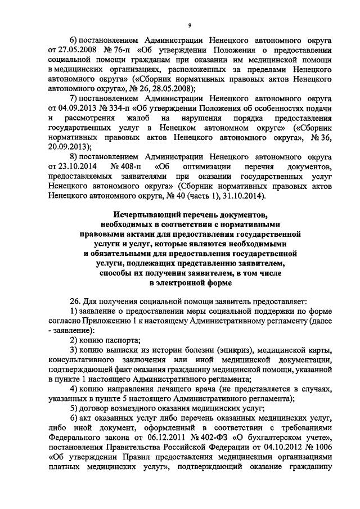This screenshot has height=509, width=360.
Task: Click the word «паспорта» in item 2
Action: [120, 341]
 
